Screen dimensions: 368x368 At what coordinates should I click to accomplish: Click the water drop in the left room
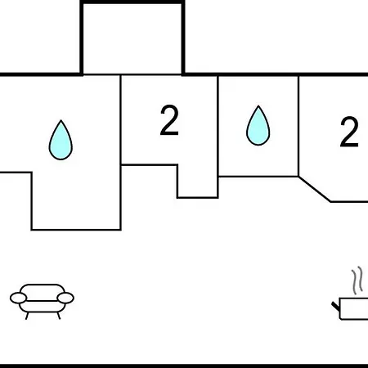[61, 141]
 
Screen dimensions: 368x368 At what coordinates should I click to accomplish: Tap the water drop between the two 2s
[258, 127]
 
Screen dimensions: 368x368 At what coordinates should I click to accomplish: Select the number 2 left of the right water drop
[169, 120]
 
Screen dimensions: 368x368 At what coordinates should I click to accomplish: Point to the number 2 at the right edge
[349, 132]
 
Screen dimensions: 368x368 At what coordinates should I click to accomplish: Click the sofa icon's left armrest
[19, 298]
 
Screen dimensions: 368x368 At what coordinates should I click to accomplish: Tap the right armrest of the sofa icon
[65, 298]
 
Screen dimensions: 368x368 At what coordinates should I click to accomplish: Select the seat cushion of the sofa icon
[43, 307]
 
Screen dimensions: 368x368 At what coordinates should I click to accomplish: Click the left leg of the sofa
[27, 316]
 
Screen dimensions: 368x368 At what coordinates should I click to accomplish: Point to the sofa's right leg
[59, 316]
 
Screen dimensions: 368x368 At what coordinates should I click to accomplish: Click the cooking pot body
[354, 308]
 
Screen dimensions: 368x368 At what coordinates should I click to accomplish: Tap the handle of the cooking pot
[336, 306]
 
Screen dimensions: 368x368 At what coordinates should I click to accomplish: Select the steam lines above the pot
[357, 280]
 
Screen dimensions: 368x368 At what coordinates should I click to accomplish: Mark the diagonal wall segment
[315, 189]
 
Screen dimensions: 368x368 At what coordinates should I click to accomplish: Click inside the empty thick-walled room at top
[132, 39]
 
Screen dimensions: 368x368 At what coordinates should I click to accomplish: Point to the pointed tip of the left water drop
[61, 120]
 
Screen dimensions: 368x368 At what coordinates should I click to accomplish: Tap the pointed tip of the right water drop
[258, 105]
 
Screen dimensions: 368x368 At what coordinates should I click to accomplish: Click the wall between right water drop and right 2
[298, 126]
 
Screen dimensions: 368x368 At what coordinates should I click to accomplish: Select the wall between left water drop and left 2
[120, 153]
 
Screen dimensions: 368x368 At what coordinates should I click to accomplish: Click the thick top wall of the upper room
[132, 2]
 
